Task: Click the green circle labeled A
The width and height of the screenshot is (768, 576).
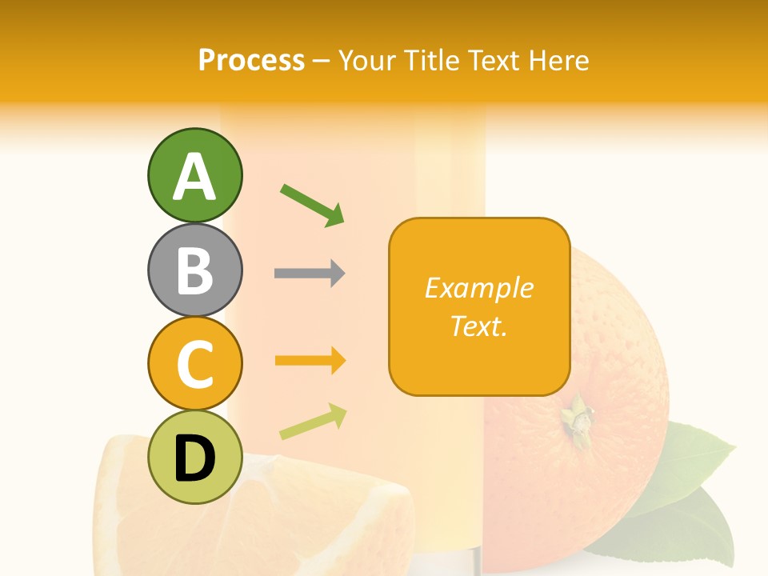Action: coord(194,175)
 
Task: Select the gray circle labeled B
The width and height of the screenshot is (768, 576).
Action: coord(194,270)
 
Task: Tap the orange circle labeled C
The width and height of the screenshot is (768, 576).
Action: coord(194,363)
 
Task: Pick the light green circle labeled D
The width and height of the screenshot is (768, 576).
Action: coord(194,457)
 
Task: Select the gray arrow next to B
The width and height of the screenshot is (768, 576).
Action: coord(310,274)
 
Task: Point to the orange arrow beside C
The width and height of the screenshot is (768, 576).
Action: coord(310,361)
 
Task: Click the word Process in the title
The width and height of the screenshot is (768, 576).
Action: coord(251,61)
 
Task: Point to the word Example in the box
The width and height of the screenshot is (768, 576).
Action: coord(478,288)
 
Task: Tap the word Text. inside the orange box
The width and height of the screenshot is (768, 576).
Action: coord(478,326)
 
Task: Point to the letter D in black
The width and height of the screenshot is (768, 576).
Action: coord(194,459)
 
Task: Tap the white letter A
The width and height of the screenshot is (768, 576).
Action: coord(194,177)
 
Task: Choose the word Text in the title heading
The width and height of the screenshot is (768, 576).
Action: coord(496,61)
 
